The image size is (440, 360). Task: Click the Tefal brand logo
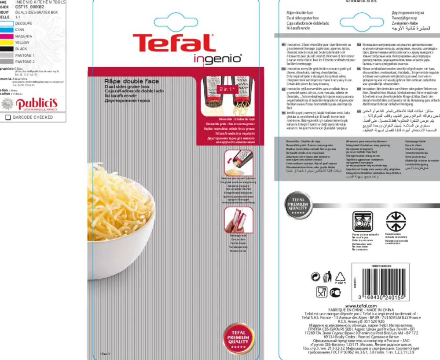point(174,44)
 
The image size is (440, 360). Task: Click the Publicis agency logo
point(33,103)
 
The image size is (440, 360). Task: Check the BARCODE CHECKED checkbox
point(7,117)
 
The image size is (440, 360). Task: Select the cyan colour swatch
point(6,29)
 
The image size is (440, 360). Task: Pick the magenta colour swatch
point(6,36)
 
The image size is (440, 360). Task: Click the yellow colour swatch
point(6,43)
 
